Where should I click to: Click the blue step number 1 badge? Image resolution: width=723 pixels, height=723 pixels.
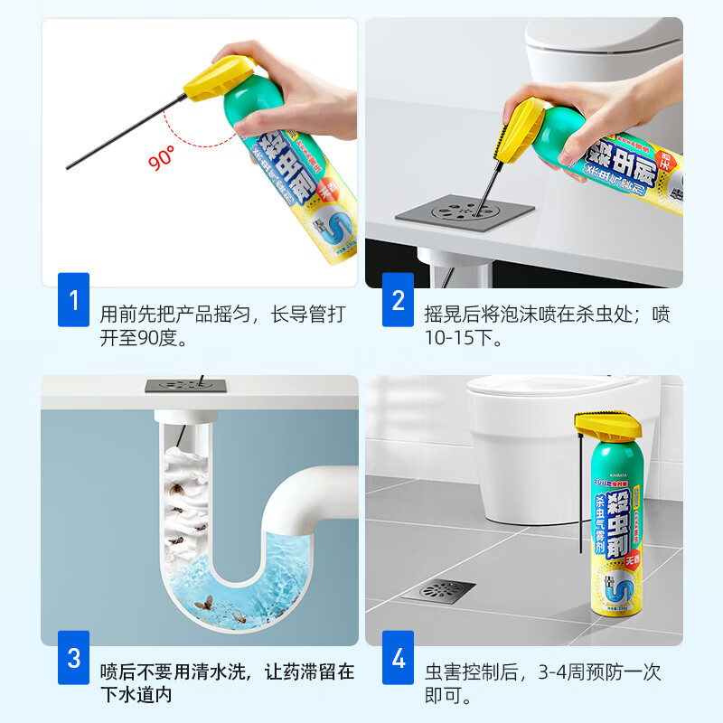tap(73, 299)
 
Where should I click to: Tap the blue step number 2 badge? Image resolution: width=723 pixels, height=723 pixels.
tap(399, 299)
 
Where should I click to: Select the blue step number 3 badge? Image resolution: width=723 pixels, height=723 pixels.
tap(73, 657)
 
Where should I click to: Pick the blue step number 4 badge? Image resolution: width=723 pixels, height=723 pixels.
tap(399, 657)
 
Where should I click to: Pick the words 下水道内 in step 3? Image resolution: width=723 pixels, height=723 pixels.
tap(136, 694)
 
